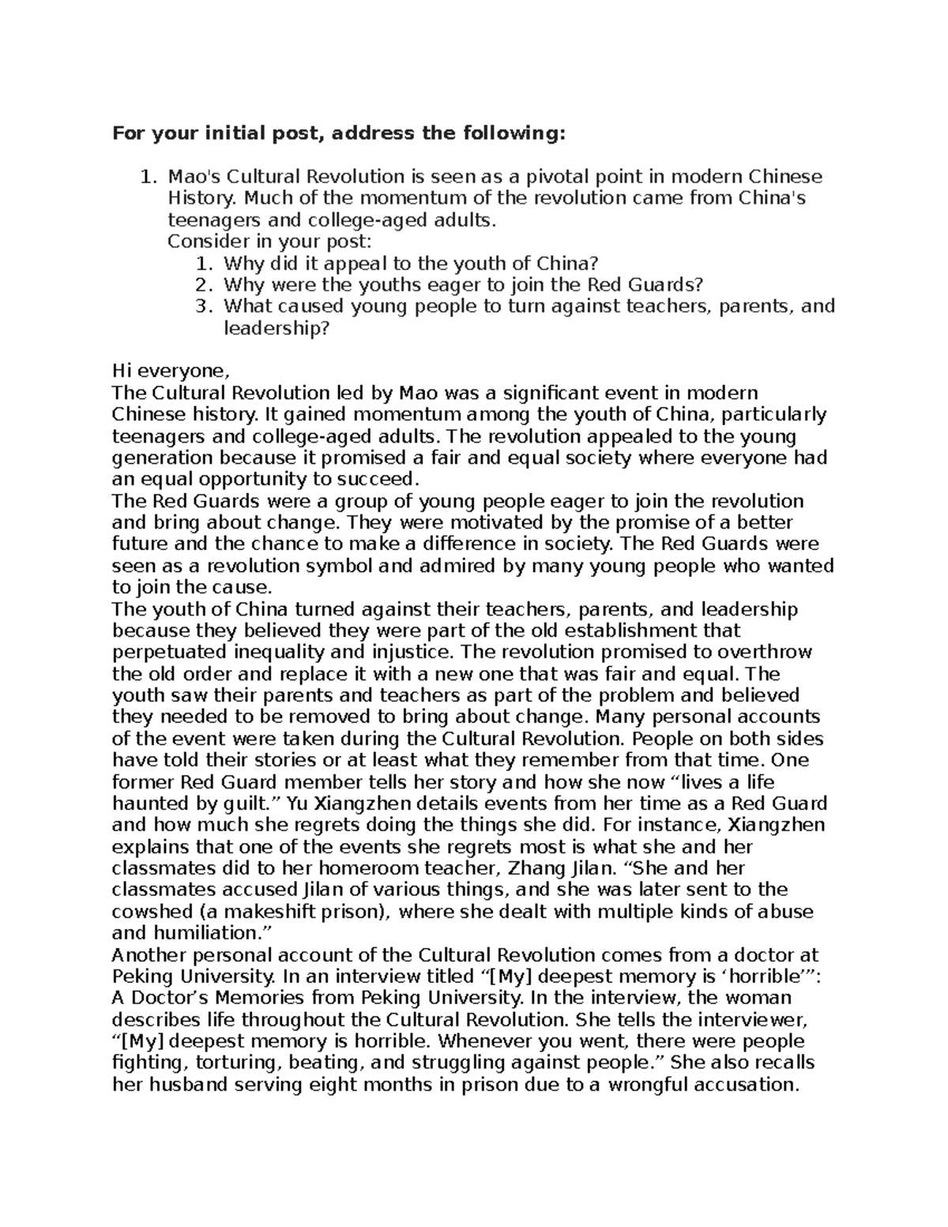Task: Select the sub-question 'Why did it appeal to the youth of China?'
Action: coord(412,263)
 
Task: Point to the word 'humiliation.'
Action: coord(212,932)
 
